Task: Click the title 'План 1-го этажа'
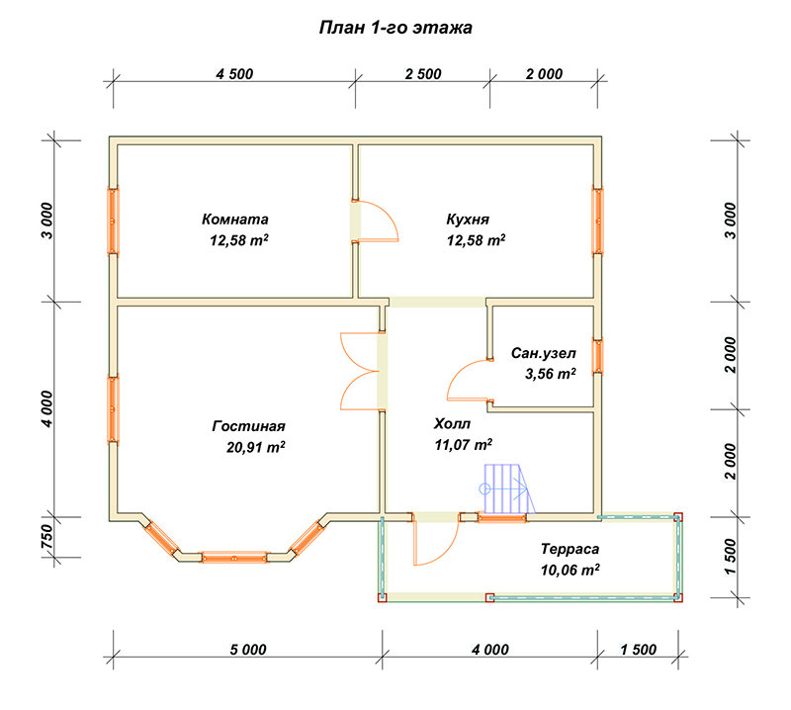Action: click(x=395, y=28)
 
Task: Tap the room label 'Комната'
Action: click(x=235, y=219)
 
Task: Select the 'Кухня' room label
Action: click(x=468, y=219)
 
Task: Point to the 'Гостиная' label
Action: click(x=249, y=426)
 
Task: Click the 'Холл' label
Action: click(x=452, y=423)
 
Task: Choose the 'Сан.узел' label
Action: click(x=543, y=353)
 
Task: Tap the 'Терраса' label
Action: click(x=571, y=549)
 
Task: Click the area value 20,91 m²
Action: click(x=256, y=447)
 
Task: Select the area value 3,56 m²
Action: click(x=551, y=374)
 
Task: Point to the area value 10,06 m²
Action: click(x=571, y=570)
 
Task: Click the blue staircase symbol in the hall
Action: click(x=507, y=488)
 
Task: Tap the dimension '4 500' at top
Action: click(x=234, y=74)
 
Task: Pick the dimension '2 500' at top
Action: click(x=423, y=74)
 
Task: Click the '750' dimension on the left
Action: click(x=46, y=537)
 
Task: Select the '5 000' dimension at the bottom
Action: click(x=248, y=650)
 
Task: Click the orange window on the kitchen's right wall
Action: click(x=597, y=222)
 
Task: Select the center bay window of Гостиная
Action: click(x=234, y=558)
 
